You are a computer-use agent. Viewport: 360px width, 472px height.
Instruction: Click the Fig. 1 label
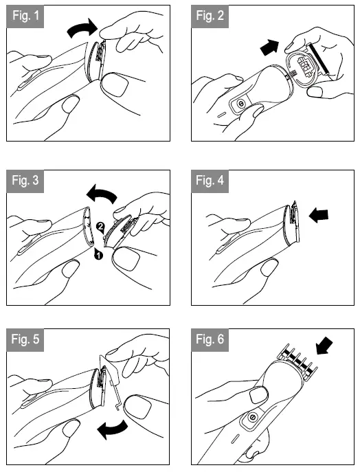tap(25, 16)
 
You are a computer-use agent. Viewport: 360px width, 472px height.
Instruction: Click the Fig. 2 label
tap(210, 16)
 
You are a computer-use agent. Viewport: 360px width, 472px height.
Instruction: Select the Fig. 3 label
tap(25, 181)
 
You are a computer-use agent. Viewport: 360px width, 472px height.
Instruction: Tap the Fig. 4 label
tap(210, 181)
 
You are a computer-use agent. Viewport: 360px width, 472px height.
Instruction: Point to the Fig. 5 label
tap(25, 340)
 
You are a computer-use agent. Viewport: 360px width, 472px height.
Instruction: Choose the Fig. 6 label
tap(210, 340)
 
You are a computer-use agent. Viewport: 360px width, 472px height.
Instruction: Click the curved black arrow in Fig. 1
tap(82, 27)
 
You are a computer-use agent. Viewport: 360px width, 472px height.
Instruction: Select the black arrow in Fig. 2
tap(270, 47)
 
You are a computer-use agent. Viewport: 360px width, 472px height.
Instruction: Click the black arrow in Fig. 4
tap(319, 215)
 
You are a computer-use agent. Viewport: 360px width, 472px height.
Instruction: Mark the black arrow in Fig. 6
tap(324, 346)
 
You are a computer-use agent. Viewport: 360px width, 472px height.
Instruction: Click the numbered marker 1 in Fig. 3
tap(98, 256)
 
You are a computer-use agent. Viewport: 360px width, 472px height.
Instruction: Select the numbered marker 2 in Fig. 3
tap(100, 226)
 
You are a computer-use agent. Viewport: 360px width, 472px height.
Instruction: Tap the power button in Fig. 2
tap(240, 104)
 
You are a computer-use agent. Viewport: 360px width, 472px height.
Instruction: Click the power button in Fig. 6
tap(252, 418)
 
